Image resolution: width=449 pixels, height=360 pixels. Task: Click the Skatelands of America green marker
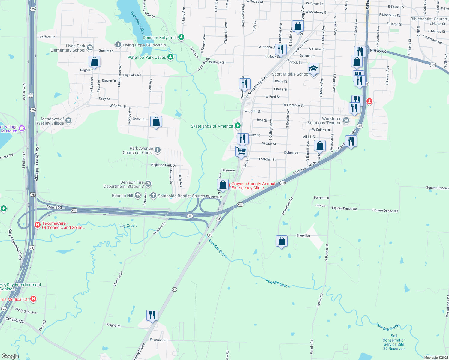point(238,126)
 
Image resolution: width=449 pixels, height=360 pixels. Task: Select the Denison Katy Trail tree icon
point(181,37)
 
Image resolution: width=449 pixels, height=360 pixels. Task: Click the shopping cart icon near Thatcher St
point(241,151)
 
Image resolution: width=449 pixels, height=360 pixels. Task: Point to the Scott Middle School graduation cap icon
point(313,69)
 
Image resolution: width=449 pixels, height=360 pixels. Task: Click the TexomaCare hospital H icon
point(38,225)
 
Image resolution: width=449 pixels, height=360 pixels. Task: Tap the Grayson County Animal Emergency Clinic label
point(253,186)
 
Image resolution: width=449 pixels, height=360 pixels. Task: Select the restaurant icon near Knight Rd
point(152,315)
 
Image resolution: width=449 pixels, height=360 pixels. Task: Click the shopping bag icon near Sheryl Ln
point(282,241)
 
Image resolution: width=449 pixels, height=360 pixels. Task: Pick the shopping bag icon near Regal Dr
point(94,62)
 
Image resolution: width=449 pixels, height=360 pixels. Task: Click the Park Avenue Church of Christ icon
point(158,150)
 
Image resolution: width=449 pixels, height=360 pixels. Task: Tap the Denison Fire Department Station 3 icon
point(148,184)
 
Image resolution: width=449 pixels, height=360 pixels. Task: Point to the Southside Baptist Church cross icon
point(153,196)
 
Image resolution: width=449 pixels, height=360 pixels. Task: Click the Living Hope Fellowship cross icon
point(118,45)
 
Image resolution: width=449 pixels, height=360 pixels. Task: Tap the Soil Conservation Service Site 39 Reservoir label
point(394,342)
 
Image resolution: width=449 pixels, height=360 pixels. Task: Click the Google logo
point(10,356)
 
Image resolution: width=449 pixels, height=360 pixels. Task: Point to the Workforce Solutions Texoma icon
point(346,120)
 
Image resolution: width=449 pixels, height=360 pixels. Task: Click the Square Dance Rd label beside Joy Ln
point(344,208)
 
